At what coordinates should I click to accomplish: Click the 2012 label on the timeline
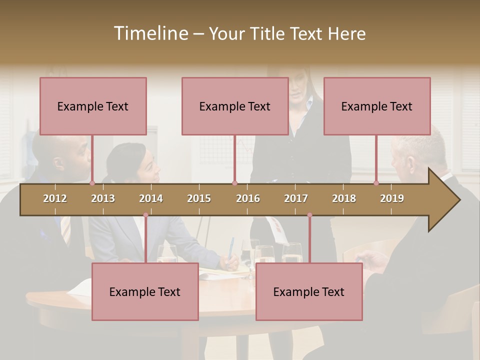[x=55, y=198]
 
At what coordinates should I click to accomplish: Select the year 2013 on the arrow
[x=103, y=198]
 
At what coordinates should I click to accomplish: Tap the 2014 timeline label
[x=151, y=198]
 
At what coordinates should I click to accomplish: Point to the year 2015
[x=199, y=198]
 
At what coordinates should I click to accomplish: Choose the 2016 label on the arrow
[x=248, y=198]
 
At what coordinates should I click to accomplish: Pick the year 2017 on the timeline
[x=296, y=198]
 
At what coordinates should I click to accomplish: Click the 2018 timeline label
[x=344, y=198]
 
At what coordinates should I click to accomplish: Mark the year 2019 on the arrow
[x=392, y=198]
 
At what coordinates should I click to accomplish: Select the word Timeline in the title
[x=150, y=33]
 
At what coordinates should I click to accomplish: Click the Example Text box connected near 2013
[x=93, y=106]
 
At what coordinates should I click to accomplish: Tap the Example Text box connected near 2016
[x=235, y=106]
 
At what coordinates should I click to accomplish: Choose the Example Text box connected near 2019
[x=377, y=106]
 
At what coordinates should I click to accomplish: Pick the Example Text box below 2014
[x=145, y=291]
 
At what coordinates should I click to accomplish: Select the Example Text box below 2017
[x=309, y=291]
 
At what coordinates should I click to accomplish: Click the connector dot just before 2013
[x=92, y=183]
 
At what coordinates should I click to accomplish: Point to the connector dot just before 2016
[x=235, y=183]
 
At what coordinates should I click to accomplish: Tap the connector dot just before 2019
[x=376, y=183]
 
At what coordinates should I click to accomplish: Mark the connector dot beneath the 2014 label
[x=145, y=215]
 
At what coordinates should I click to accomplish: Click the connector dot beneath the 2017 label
[x=309, y=215]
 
